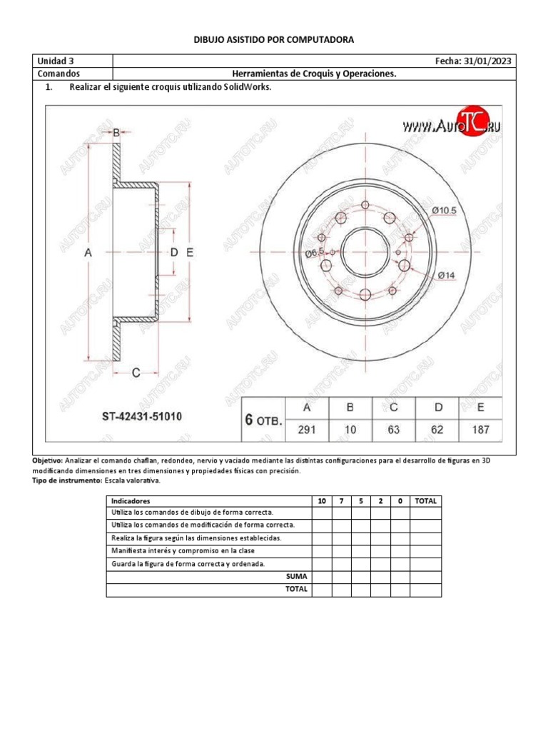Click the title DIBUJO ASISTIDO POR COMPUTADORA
pyautogui.click(x=274, y=40)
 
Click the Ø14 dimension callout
pyautogui.click(x=446, y=274)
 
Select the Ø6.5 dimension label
pyautogui.click(x=315, y=253)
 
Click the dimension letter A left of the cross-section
pyautogui.click(x=88, y=253)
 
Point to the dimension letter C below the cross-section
pyautogui.click(x=135, y=372)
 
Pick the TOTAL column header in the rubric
pyautogui.click(x=425, y=501)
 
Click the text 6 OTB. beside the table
pyautogui.click(x=264, y=420)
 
